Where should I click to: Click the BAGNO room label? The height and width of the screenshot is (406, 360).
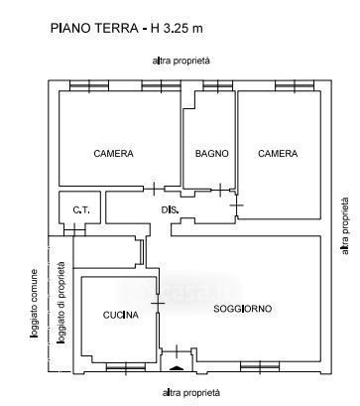click(x=211, y=154)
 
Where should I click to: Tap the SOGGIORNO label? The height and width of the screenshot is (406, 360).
click(x=243, y=309)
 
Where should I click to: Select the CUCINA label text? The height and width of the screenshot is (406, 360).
click(x=121, y=315)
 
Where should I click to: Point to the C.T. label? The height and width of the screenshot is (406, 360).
click(x=81, y=209)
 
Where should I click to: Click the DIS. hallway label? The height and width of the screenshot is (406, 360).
click(x=171, y=209)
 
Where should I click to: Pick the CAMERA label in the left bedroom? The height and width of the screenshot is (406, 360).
click(x=113, y=154)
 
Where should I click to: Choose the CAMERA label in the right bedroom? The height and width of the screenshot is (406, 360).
click(x=278, y=154)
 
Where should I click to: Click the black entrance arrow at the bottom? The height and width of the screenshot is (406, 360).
click(x=176, y=368)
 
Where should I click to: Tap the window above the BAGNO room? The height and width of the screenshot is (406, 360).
click(x=218, y=85)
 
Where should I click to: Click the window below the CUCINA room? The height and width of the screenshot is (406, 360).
click(x=126, y=367)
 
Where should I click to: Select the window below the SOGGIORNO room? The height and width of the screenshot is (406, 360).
click(x=260, y=367)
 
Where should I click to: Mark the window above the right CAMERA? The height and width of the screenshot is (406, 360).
click(x=295, y=85)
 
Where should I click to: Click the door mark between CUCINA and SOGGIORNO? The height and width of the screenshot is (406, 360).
click(x=158, y=303)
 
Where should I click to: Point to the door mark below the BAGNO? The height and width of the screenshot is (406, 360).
click(x=220, y=190)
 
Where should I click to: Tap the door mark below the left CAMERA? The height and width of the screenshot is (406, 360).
click(x=154, y=189)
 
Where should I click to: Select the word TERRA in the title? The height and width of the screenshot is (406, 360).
click(x=117, y=28)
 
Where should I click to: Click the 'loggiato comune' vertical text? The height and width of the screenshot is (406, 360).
click(x=34, y=304)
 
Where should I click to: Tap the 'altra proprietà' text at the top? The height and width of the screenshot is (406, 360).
click(x=181, y=62)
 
